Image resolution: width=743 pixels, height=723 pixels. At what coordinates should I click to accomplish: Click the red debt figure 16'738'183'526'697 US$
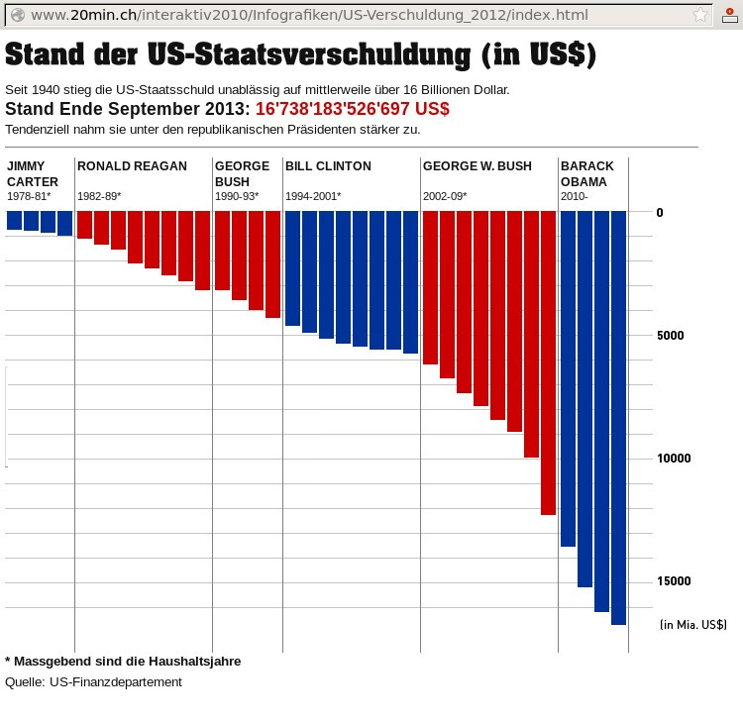352,109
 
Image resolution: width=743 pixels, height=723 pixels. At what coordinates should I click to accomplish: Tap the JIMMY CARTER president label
33,173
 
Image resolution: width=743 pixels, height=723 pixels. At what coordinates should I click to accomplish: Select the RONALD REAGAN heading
132,166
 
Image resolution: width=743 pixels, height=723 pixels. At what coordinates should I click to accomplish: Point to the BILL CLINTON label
328,166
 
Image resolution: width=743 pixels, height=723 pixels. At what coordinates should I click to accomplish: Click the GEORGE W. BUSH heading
477,166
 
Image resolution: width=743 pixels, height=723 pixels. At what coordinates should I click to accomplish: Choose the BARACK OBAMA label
587,173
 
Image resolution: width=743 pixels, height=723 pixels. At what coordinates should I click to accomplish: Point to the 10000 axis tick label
675,459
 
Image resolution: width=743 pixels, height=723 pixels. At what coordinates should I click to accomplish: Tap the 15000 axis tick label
675,581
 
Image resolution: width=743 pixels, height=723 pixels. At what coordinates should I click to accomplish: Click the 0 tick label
660,212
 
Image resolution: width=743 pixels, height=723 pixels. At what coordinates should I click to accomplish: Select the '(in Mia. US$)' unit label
693,625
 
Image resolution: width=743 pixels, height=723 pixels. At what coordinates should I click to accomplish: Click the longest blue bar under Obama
618,416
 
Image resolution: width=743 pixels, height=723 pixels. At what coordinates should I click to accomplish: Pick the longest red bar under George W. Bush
548,361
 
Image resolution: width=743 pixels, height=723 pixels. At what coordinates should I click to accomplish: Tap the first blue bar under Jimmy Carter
14,220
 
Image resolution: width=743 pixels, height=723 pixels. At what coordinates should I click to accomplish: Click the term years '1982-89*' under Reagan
99,196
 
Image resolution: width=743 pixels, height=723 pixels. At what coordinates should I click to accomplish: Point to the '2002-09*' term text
445,196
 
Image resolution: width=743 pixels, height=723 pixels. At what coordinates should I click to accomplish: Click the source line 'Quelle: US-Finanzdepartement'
93,682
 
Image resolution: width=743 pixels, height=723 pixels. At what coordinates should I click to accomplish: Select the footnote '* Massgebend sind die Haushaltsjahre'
123,661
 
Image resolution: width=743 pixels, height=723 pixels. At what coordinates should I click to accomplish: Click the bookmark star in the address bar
700,15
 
